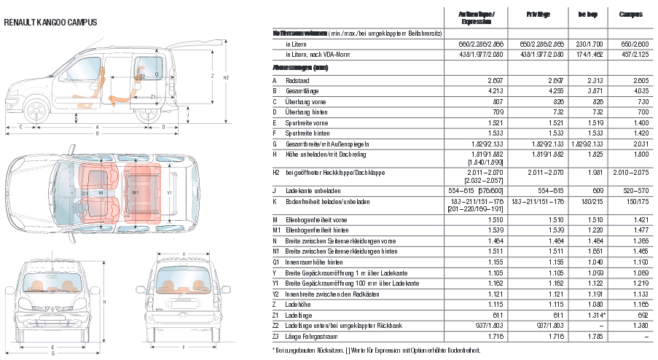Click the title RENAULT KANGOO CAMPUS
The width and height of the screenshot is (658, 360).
point(51,23)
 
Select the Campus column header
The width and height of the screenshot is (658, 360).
point(630,15)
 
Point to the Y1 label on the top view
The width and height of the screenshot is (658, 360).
point(169,192)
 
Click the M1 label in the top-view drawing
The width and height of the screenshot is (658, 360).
point(136,192)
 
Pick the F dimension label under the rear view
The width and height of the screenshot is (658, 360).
point(183,348)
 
